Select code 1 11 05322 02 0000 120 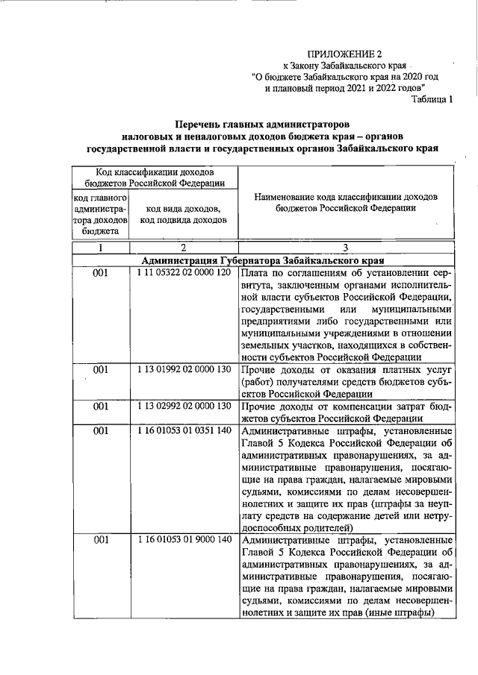pos(184,274)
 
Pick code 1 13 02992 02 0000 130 pos(184,406)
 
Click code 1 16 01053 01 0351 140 pos(184,431)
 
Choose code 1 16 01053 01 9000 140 pos(184,539)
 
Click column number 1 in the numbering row pos(102,248)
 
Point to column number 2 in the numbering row pos(183,248)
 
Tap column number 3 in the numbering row pos(345,248)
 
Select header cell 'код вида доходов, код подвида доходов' pos(183,215)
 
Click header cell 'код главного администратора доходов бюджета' pos(102,214)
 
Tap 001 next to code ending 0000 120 pos(102,274)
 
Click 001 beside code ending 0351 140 pos(102,431)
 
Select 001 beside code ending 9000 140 pos(102,539)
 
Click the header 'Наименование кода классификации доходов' pos(345,197)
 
